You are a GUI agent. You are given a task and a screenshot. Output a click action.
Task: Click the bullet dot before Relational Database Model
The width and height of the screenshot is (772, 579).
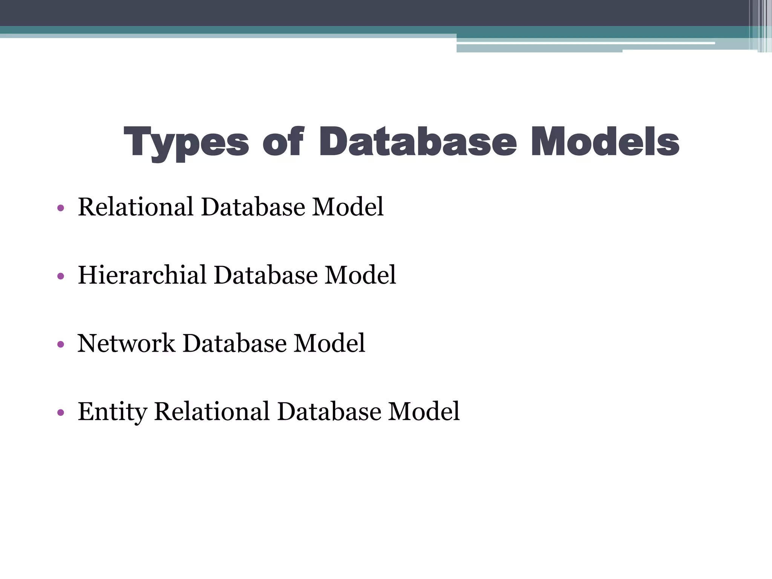61,208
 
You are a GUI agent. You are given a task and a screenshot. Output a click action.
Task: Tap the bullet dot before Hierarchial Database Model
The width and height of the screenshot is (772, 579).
61,276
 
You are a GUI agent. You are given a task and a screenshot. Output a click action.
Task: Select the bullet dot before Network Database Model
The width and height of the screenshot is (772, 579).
61,344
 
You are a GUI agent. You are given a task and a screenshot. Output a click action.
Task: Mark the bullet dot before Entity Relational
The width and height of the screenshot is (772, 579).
61,412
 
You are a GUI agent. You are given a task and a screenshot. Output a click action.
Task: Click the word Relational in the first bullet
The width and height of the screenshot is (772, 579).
136,207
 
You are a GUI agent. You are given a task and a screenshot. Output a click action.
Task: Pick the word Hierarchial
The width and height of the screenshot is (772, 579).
142,275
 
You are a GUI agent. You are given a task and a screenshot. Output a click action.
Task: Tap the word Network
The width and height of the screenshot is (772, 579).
126,343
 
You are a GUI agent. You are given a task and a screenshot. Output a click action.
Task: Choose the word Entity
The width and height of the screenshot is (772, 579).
112,412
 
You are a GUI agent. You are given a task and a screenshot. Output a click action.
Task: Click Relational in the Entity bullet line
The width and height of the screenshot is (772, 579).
212,411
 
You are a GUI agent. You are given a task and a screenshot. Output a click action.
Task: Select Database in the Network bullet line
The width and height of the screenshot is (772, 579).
234,343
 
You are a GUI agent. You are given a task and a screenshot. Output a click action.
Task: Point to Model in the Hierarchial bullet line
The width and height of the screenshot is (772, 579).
360,275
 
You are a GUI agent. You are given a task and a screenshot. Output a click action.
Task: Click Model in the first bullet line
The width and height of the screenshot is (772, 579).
348,207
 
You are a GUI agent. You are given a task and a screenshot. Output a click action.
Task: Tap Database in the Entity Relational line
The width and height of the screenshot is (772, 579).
329,411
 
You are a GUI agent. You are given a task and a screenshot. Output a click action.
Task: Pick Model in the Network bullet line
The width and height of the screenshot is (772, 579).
329,343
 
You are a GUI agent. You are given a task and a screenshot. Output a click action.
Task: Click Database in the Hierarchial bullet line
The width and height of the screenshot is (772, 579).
266,275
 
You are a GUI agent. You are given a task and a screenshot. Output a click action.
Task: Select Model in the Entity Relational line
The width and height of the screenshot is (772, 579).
424,411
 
